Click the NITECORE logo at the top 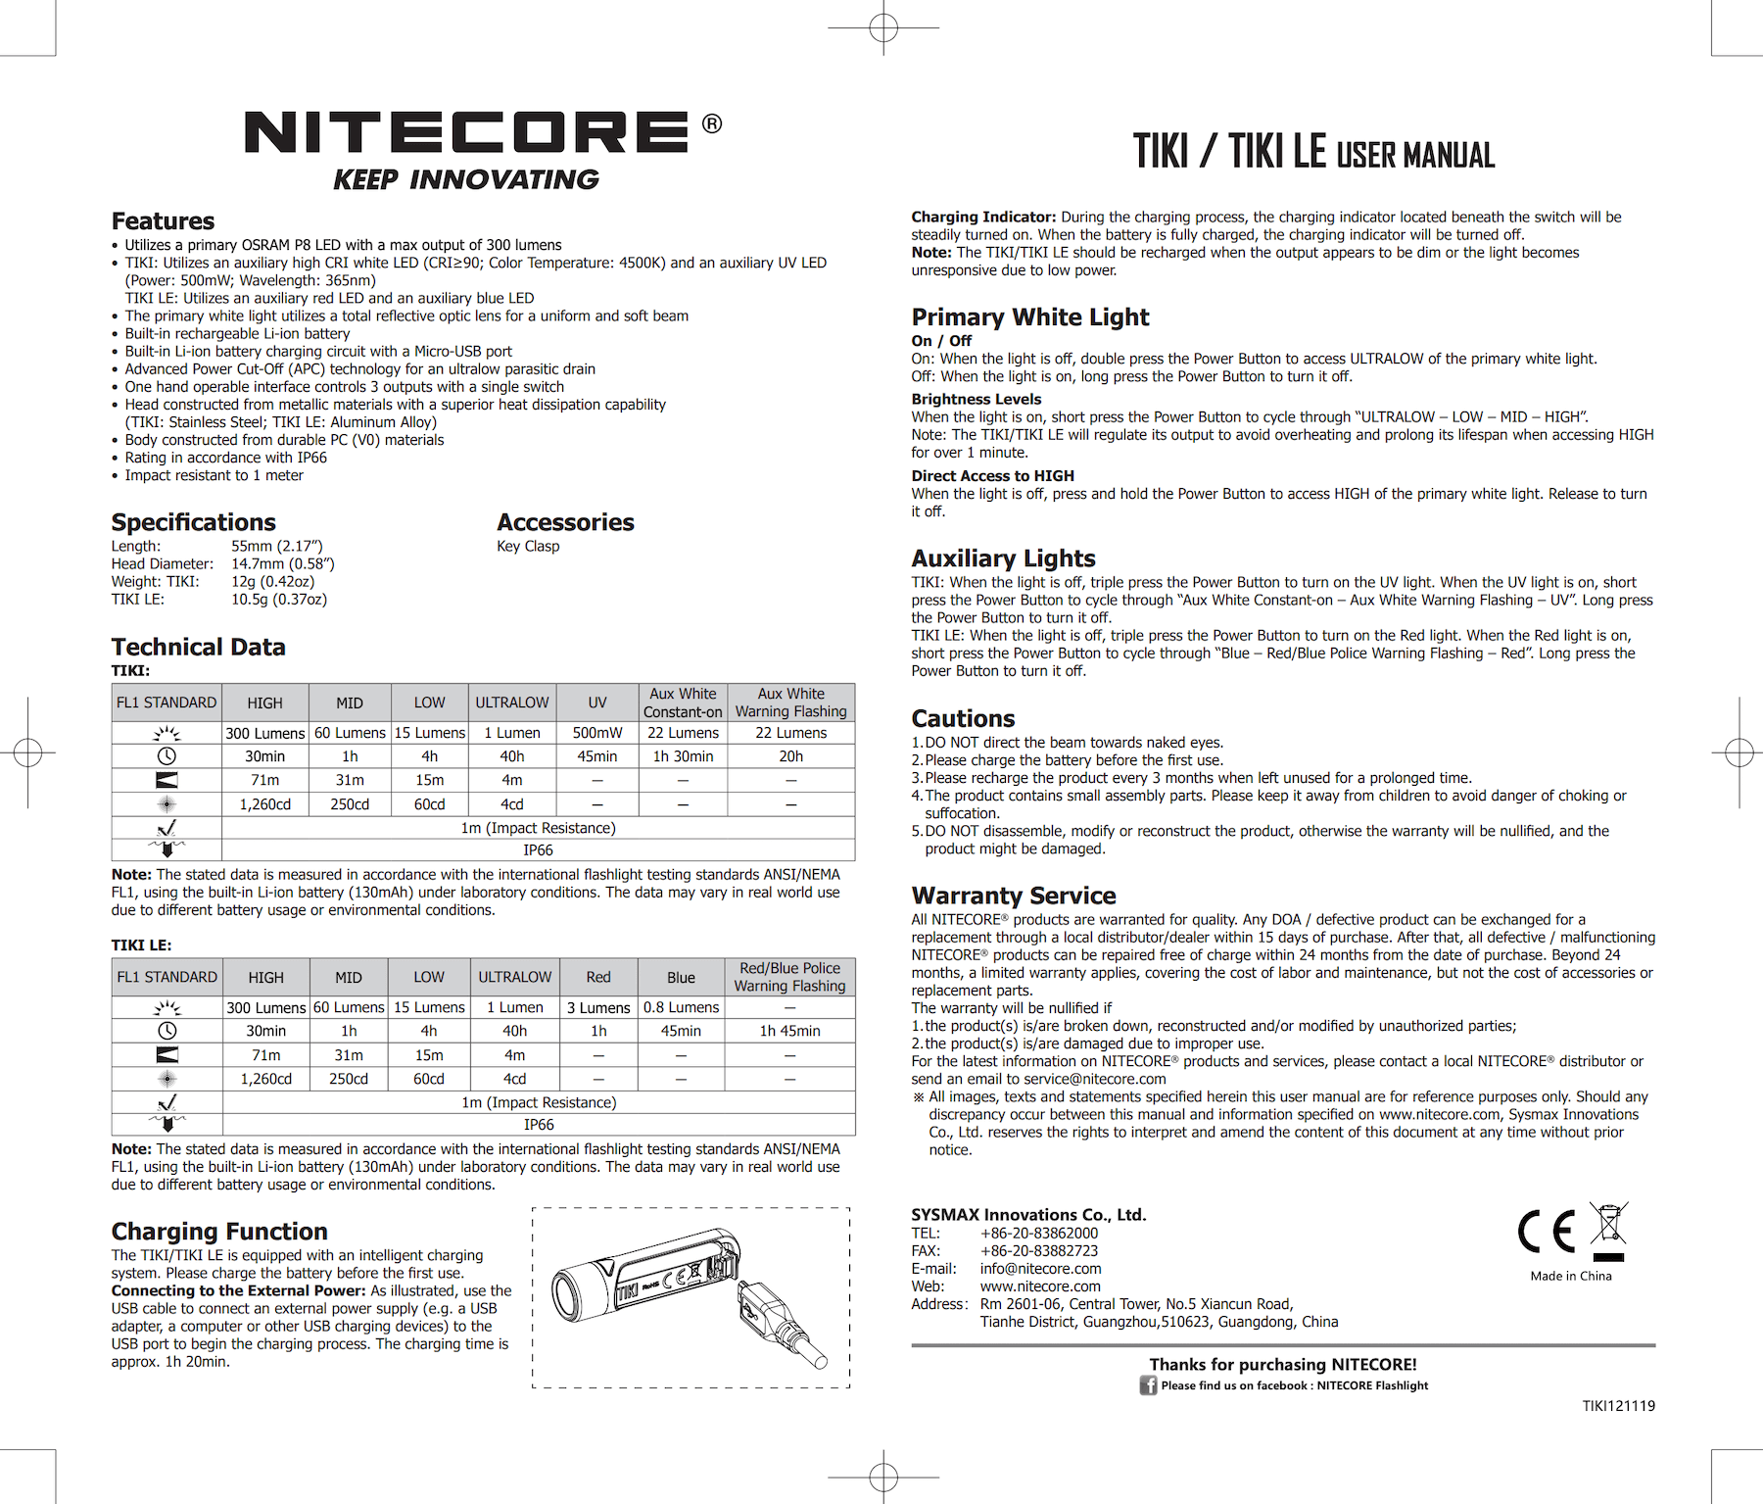coord(466,132)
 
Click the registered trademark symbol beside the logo coord(712,123)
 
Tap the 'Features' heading coord(163,220)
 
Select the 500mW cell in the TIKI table coord(596,733)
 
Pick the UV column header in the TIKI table coord(596,703)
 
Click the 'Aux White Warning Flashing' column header coord(790,703)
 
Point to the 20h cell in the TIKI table coord(790,756)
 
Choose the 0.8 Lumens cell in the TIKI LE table coord(681,1007)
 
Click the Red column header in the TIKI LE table coord(597,977)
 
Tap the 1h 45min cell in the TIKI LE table coord(789,1031)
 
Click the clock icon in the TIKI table coord(167,756)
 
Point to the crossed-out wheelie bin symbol coord(1607,1231)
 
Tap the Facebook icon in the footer coord(1148,1385)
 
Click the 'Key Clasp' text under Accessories coord(528,546)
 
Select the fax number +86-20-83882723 coord(1038,1251)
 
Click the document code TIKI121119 coord(1618,1406)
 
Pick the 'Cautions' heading coord(963,718)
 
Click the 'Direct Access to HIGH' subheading coord(992,476)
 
